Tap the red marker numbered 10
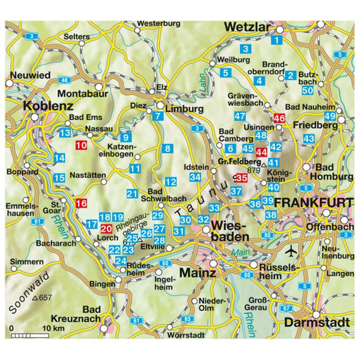(81, 145)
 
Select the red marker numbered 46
(279, 119)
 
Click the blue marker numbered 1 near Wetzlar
(276, 41)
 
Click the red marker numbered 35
(242, 178)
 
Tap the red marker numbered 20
(106, 229)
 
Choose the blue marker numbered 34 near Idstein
(194, 177)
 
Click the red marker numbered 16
(81, 203)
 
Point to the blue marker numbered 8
(168, 149)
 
